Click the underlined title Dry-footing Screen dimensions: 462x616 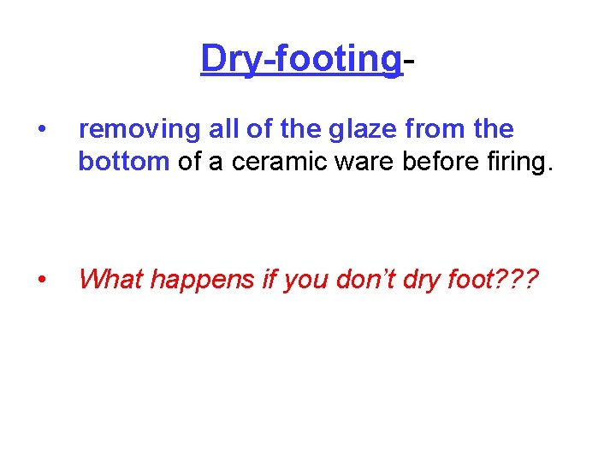pos(300,60)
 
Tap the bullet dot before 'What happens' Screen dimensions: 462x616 pos(41,279)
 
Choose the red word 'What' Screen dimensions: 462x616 pos(108,278)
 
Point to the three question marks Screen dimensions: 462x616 pos(515,278)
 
